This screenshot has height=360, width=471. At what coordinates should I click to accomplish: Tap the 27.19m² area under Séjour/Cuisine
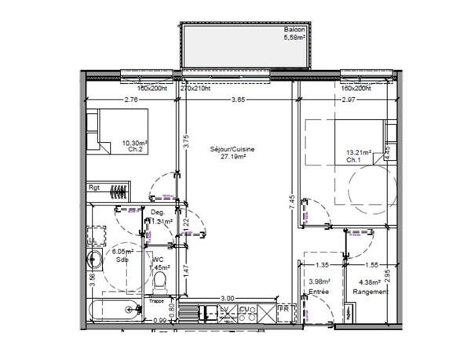233,156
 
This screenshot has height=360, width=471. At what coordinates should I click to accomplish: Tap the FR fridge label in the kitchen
283,310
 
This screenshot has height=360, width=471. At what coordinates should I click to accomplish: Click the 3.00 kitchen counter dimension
227,298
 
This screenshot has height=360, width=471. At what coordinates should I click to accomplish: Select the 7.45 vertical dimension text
291,200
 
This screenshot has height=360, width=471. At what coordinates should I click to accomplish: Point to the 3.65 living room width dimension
238,100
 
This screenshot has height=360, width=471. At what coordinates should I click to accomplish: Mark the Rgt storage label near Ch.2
93,189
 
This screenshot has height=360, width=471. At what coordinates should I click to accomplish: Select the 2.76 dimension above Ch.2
132,100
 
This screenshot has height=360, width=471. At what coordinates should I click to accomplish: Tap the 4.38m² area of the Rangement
370,283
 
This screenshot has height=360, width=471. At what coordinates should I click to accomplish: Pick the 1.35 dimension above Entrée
323,265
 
